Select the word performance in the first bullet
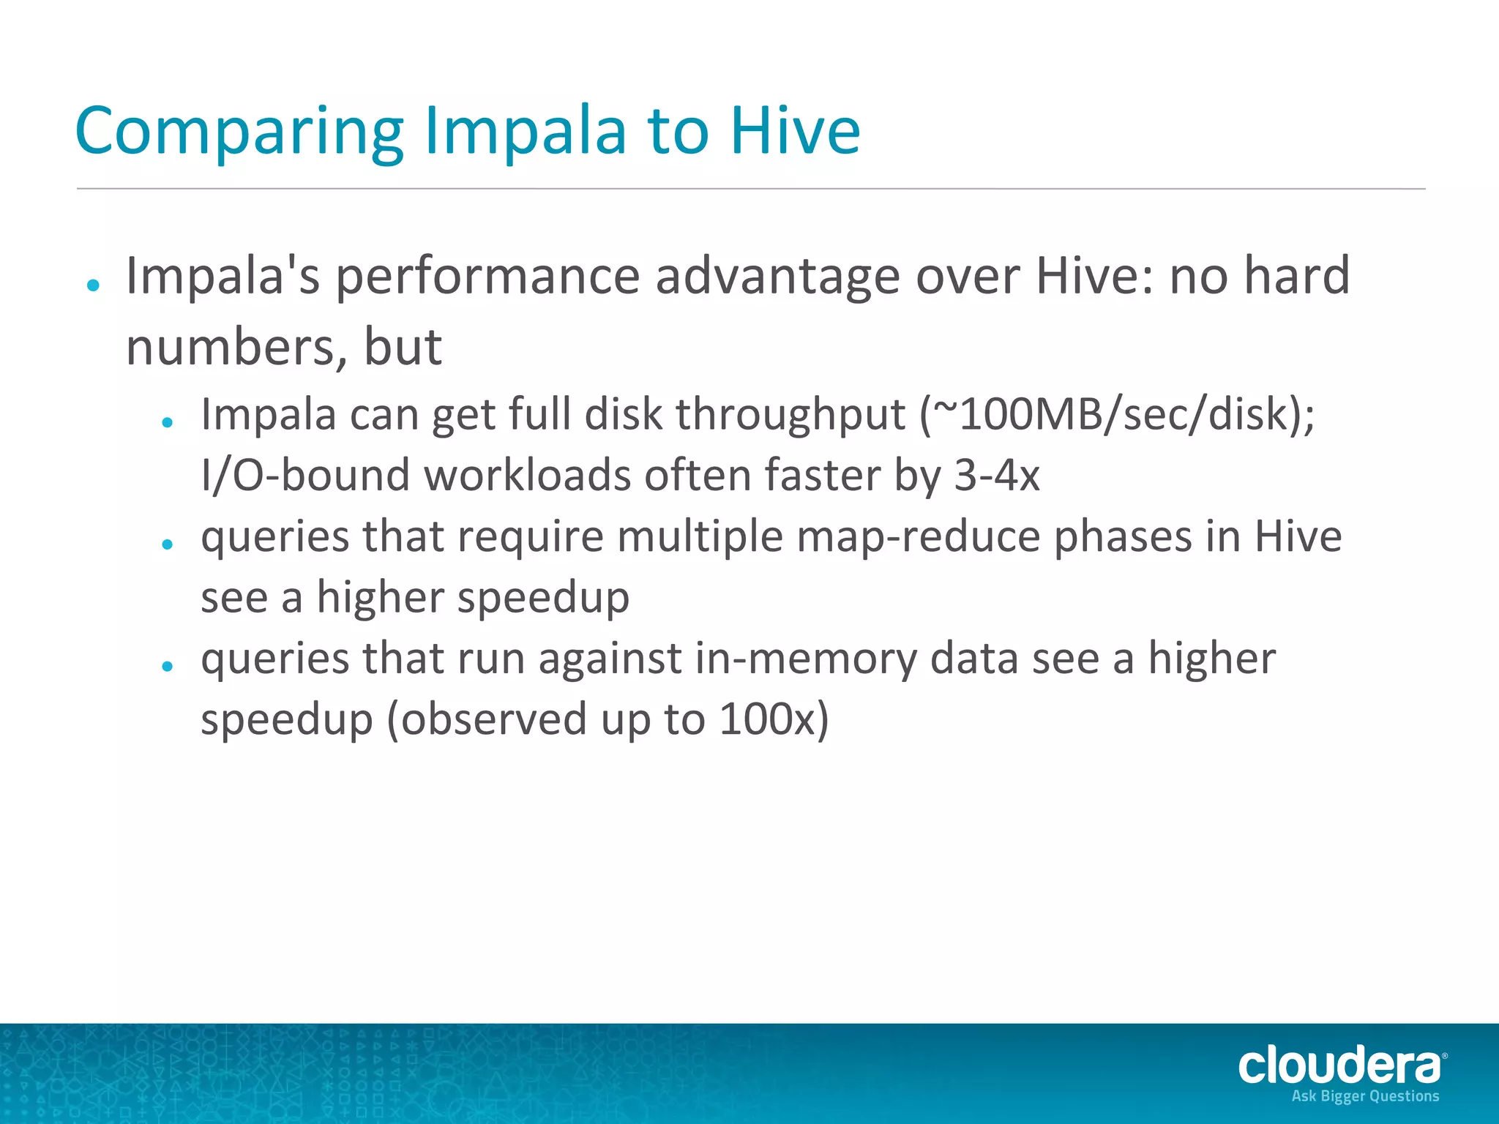coord(487,277)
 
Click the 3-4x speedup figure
coord(996,475)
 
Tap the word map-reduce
coord(918,536)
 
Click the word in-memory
coord(805,658)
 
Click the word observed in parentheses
coord(494,719)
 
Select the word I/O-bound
coord(304,475)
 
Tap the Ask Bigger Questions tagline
coord(1365,1096)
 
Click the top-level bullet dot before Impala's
coord(93,286)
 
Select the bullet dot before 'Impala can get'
coord(168,422)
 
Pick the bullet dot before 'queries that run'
coord(168,666)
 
